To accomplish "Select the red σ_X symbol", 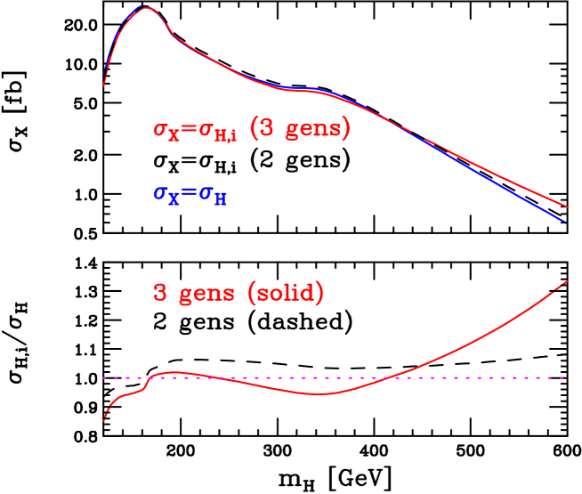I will (x=166, y=131).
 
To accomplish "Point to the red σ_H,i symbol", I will (x=217, y=133).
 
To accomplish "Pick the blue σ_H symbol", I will (x=214, y=197).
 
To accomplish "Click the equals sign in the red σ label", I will (x=189, y=129).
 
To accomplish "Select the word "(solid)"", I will (x=286, y=293).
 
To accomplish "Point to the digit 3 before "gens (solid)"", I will (x=160, y=293).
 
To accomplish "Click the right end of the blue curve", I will (x=566, y=221).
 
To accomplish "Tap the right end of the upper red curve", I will (x=568, y=207).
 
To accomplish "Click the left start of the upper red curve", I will (x=103, y=85).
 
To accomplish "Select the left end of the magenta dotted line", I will (x=103, y=377).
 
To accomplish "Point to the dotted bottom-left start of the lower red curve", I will (x=103, y=421).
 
